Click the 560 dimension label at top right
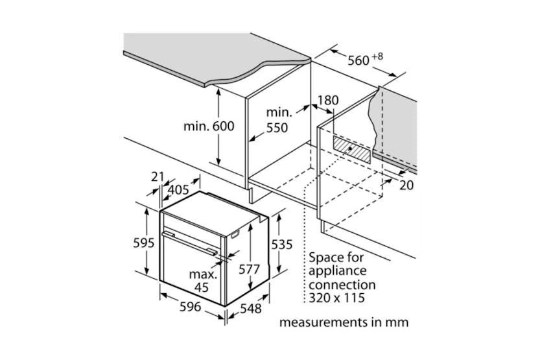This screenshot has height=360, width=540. pyautogui.click(x=358, y=62)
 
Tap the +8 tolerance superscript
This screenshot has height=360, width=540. pyautogui.click(x=377, y=56)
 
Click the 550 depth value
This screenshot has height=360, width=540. pyautogui.click(x=277, y=128)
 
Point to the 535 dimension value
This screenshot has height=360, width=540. pyautogui.click(x=281, y=245)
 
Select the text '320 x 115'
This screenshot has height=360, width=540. pyautogui.click(x=336, y=298)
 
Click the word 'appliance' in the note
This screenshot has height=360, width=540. pyautogui.click(x=338, y=270)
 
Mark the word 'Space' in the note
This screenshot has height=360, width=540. pyautogui.click(x=326, y=257)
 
